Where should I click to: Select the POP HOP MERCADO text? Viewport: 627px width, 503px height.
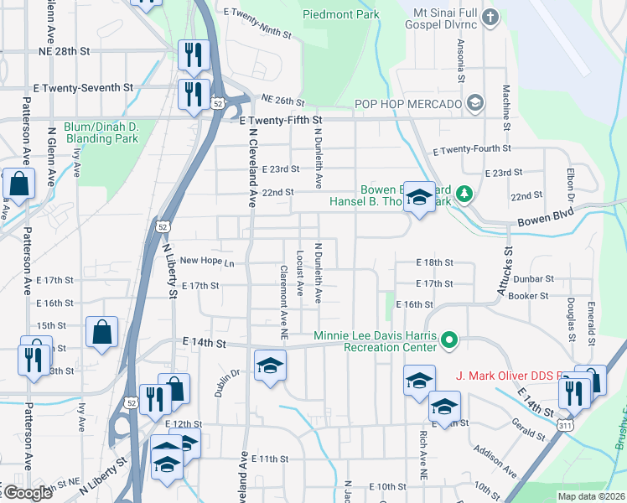(x=409, y=103)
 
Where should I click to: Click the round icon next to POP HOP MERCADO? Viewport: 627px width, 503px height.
(x=474, y=103)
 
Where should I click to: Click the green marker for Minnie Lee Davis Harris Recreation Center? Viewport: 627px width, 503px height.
(x=449, y=340)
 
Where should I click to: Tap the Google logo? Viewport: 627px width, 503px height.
(x=27, y=493)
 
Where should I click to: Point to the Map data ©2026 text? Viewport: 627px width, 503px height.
(x=591, y=496)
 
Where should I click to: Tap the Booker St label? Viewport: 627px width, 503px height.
(x=528, y=295)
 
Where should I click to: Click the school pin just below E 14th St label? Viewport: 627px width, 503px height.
(x=271, y=366)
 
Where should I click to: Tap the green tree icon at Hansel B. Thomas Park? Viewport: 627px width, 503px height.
(x=462, y=194)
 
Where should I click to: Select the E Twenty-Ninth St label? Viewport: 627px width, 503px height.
(x=257, y=13)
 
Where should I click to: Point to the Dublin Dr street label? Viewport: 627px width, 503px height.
(x=221, y=383)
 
